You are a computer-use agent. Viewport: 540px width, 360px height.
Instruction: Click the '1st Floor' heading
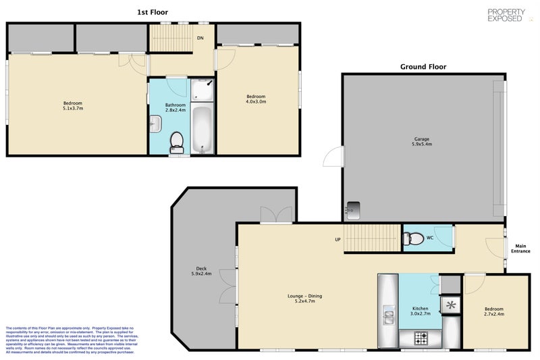(153, 12)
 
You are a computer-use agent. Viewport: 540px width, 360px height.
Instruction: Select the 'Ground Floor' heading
(423, 67)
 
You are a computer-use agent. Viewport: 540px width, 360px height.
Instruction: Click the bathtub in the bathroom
(202, 129)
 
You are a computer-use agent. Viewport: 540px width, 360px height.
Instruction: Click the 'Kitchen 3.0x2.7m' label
(420, 311)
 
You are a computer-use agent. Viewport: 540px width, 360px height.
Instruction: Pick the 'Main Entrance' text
(520, 248)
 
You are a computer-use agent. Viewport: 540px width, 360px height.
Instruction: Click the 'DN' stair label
(200, 38)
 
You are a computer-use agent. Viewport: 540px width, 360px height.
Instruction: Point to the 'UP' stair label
(337, 240)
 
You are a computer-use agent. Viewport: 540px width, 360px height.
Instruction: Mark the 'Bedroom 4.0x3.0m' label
(256, 99)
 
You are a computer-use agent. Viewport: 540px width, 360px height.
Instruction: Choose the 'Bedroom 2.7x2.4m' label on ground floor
(493, 311)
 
